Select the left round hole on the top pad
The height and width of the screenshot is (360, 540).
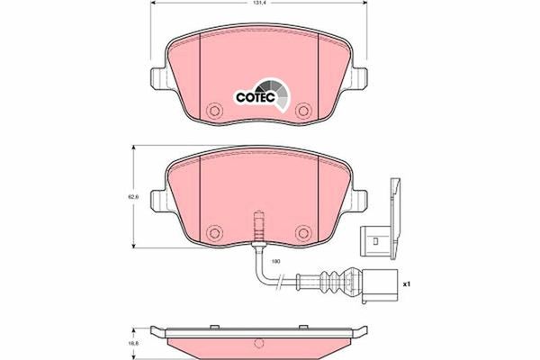coord(214,112)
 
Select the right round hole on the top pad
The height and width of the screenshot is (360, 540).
coord(302,112)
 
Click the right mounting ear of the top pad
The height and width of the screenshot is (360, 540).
coord(361,79)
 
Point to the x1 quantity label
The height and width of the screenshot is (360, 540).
coord(405,284)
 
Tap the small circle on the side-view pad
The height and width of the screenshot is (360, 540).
coord(258,343)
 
